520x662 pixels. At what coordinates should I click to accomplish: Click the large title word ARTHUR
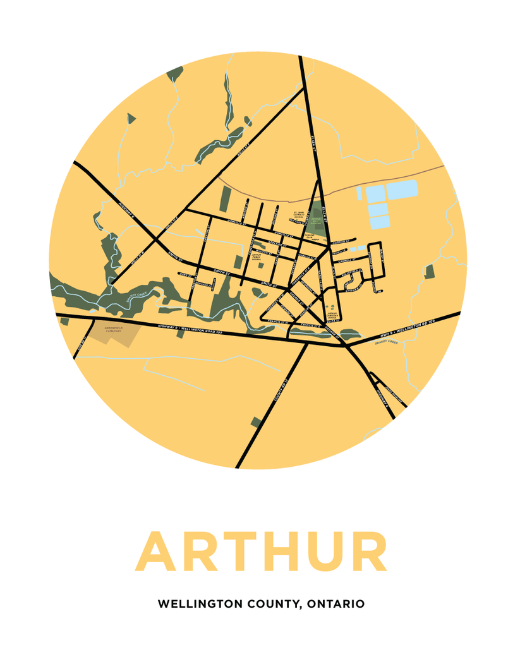pyautogui.click(x=260, y=552)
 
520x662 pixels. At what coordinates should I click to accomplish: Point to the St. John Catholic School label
pyautogui.click(x=299, y=215)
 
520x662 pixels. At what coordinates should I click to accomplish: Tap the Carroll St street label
pyautogui.click(x=347, y=260)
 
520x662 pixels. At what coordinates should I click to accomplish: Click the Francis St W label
pyautogui.click(x=279, y=322)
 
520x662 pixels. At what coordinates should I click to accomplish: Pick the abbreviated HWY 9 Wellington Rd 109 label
pyautogui.click(x=408, y=328)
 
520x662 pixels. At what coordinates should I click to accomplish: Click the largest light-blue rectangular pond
pyautogui.click(x=402, y=189)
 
